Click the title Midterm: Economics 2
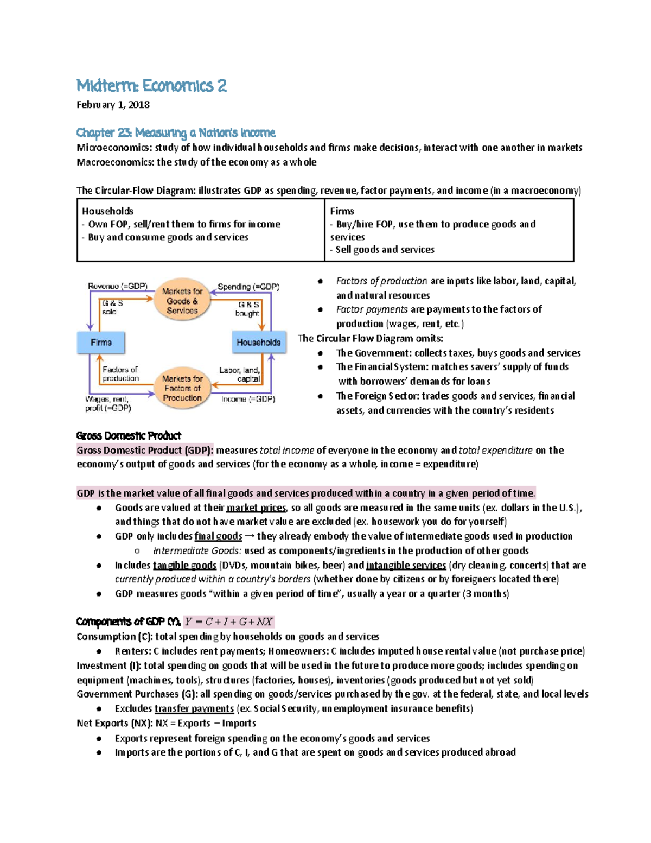pos(151,86)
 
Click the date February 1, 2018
pos(113,105)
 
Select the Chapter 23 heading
pos(176,133)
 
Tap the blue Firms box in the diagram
pos(101,343)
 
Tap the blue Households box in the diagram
pos(258,343)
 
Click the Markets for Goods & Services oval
pos(182,301)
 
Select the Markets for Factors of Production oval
pos(182,388)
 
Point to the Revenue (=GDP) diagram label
pos(118,286)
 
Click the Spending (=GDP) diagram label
pos(248,287)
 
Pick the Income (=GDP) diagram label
pos(248,400)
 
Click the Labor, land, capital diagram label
pos(239,375)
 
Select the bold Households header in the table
pos(107,211)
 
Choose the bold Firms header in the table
pos(342,211)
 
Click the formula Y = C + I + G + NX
pos(228,622)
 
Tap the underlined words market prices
pos(256,508)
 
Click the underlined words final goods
pos(218,536)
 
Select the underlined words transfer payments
pos(194,709)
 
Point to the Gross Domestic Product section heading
pos(129,436)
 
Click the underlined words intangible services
pos(406,566)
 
